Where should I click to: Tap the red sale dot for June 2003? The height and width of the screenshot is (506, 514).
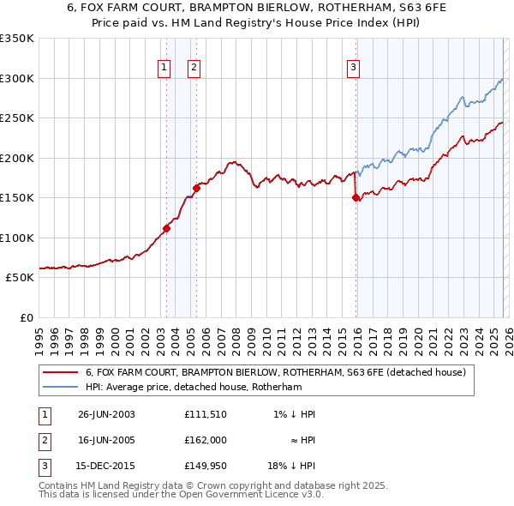coord(166,228)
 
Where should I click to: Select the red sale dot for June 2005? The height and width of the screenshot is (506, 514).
coord(196,188)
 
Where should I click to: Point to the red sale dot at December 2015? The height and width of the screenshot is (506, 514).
coord(356,197)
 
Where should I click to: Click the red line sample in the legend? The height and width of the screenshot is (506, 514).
coord(60,372)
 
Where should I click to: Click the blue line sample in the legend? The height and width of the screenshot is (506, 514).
coord(60,388)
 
